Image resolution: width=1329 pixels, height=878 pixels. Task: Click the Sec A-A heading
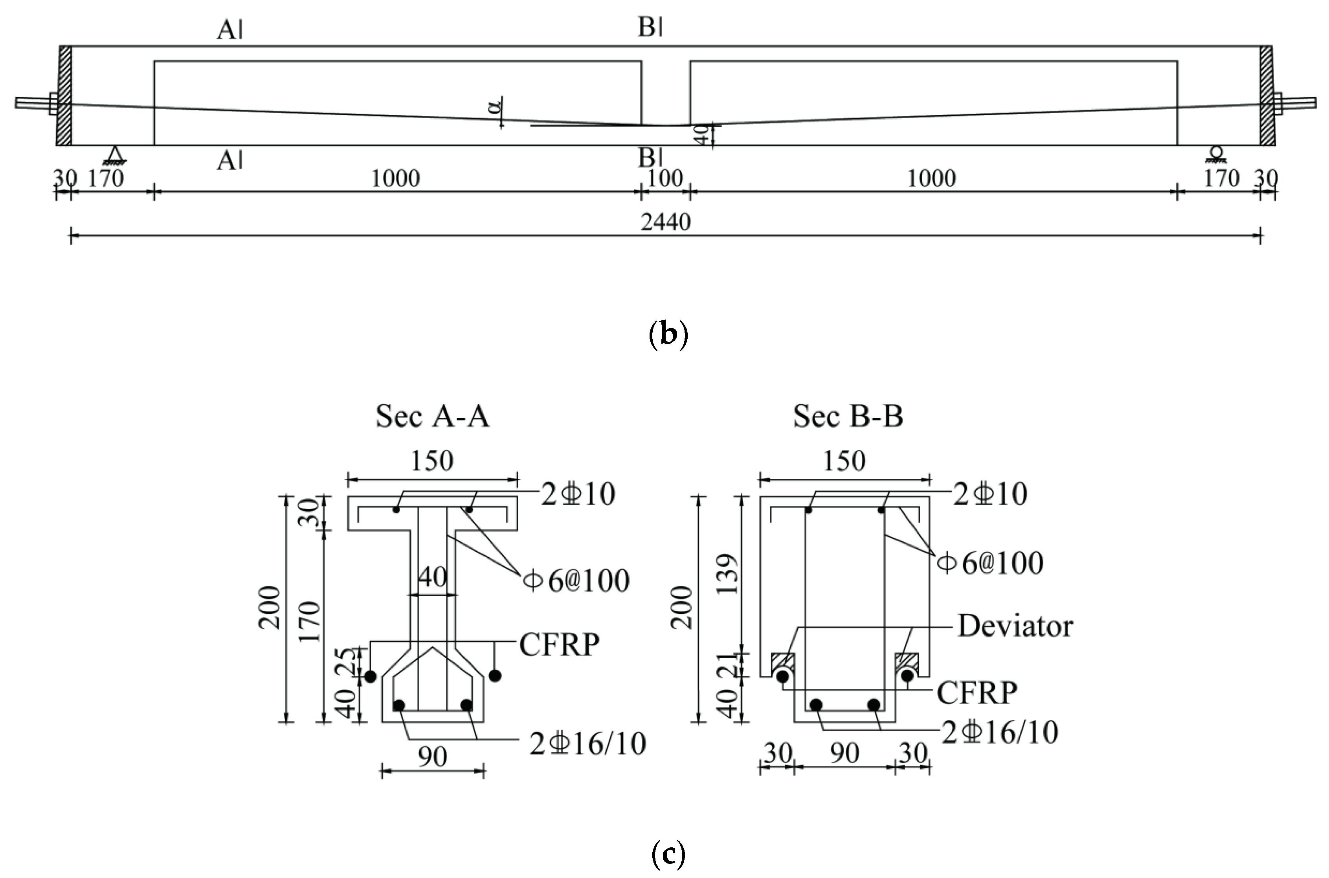pos(432,417)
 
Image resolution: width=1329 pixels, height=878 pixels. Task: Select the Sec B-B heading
pos(848,417)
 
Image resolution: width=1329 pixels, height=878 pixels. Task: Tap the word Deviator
pos(1015,626)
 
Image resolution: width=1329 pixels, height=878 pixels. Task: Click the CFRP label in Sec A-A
pos(559,645)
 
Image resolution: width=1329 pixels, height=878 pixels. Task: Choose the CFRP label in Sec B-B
pos(977,692)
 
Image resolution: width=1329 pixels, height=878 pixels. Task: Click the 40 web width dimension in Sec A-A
pos(432,577)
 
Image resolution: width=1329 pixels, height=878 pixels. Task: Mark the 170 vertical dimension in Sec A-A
pos(310,621)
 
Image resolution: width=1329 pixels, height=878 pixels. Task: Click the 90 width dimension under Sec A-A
pos(432,757)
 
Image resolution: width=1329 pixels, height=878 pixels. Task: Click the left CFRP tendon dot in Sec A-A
pos(370,676)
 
